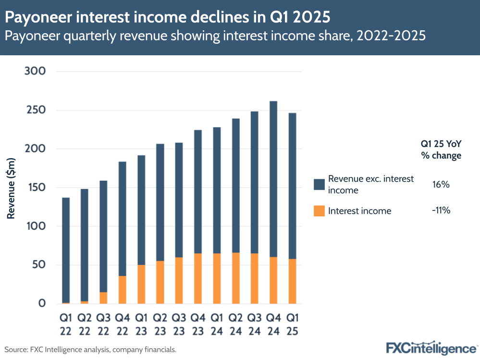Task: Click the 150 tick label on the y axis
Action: tap(35, 187)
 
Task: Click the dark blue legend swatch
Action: tap(319, 185)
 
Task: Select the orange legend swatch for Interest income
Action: tap(319, 211)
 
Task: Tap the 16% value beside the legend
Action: tap(441, 185)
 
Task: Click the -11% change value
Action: tap(441, 211)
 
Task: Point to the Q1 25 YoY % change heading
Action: tap(441, 149)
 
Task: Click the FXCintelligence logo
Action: tap(431, 347)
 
